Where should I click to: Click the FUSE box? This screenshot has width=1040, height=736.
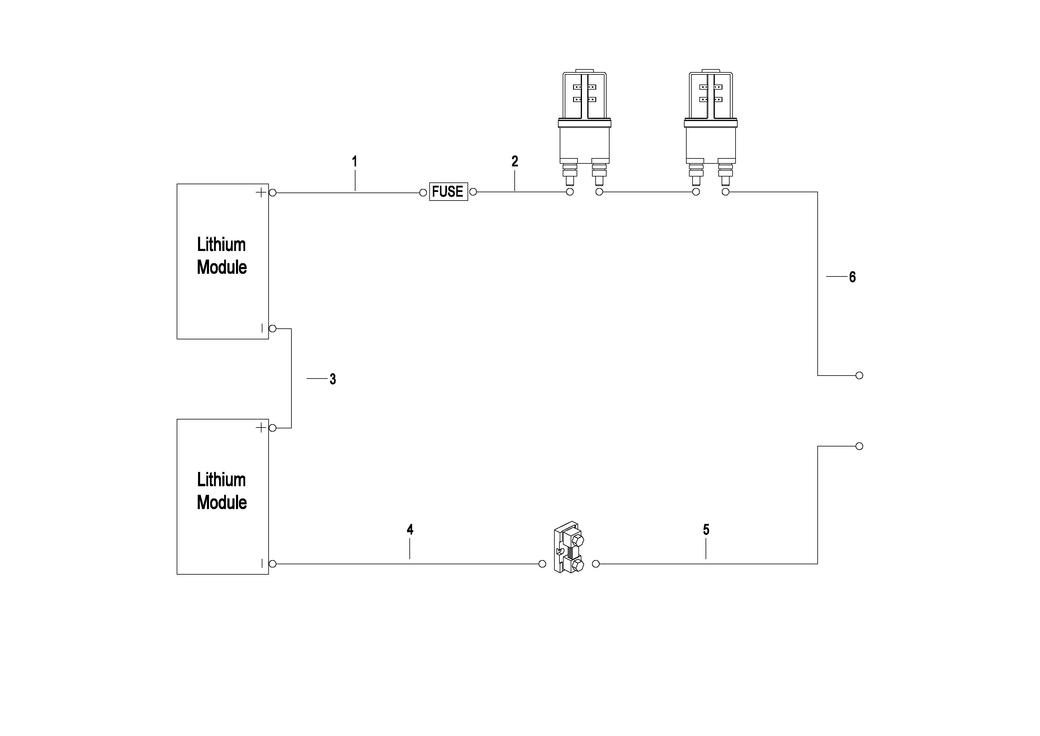point(449,192)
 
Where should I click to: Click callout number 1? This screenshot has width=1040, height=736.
point(355,161)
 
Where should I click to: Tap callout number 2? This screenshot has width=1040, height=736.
point(515,161)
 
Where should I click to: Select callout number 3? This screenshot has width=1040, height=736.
point(333,379)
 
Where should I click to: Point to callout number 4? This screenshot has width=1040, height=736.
point(410,529)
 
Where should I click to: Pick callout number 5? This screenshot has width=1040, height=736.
point(706,529)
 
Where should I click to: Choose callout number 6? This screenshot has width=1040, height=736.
point(852,277)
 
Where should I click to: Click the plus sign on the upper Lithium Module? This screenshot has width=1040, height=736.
point(261,193)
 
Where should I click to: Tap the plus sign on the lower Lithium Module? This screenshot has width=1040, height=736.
point(261,428)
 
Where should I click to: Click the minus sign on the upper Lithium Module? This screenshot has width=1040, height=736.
point(262,328)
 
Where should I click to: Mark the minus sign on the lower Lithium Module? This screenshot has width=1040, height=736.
point(262,563)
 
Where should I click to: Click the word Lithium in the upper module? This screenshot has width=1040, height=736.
point(221,245)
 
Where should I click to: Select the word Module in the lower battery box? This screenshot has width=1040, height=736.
point(222,502)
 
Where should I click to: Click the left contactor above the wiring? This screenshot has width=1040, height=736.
point(584,128)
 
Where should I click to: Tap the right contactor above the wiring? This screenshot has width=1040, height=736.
point(711,128)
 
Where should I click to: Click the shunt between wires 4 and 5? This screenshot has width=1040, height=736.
point(569,547)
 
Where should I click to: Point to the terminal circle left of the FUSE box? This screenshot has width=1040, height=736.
point(423,193)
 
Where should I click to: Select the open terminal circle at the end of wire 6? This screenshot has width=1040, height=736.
point(859,375)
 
